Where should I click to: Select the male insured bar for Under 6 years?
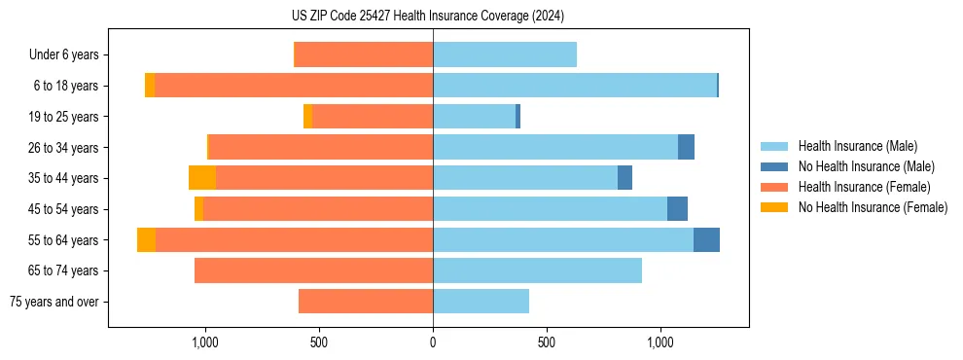[505, 54]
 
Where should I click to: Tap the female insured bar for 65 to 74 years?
[313, 270]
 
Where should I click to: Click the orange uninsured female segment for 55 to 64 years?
[146, 239]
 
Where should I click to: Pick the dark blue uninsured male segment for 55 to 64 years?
[706, 239]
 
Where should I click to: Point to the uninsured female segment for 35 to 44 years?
[202, 178]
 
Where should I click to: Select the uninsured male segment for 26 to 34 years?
[686, 147]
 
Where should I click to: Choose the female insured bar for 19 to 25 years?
[373, 117]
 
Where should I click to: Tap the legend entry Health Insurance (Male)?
[856, 146]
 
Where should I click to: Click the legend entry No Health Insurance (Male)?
[866, 166]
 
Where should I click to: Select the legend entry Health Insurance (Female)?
[864, 187]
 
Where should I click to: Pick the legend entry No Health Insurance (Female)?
[873, 207]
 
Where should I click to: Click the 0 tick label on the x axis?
[433, 342]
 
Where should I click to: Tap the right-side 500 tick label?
[547, 342]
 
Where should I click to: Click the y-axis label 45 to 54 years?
[63, 209]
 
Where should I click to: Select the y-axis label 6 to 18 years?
[65, 86]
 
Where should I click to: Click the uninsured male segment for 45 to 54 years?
[677, 209]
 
